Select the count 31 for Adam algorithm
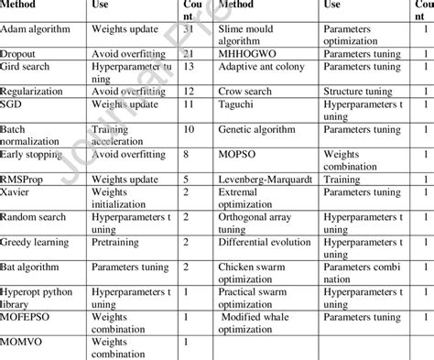click(x=187, y=29)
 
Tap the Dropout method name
click(x=23, y=54)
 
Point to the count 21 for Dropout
click(x=187, y=54)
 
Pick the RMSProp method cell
click(x=27, y=180)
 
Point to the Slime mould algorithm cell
click(x=251, y=36)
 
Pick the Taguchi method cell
click(x=236, y=111)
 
